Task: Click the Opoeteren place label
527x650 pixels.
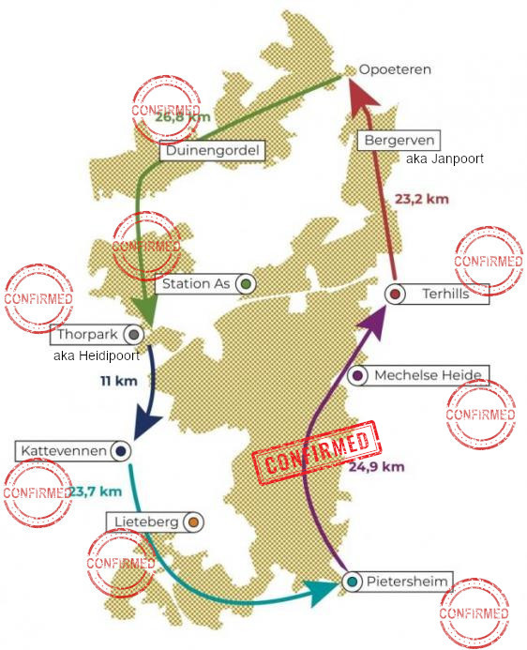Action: point(395,69)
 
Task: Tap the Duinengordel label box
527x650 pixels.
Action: point(213,150)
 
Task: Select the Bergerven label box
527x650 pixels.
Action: point(399,140)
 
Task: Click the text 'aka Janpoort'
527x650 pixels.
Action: point(444,159)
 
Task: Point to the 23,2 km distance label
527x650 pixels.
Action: point(422,199)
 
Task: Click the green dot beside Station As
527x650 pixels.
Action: point(246,284)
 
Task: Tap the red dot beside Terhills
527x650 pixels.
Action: point(395,294)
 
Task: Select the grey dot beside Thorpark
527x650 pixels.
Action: point(133,335)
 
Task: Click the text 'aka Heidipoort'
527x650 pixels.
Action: point(97,355)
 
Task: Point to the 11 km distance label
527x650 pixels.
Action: point(119,381)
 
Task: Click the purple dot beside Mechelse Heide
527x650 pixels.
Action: point(358,375)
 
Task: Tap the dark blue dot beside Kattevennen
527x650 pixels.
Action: point(121,451)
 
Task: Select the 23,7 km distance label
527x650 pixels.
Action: point(96,491)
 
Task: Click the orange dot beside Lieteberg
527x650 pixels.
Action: point(193,522)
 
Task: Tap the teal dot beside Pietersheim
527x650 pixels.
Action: point(353,582)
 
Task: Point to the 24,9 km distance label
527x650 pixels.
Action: point(376,467)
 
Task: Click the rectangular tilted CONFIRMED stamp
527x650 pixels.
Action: point(317,452)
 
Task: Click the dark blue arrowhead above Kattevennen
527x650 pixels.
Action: point(146,424)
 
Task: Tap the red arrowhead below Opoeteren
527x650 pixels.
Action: point(362,98)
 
